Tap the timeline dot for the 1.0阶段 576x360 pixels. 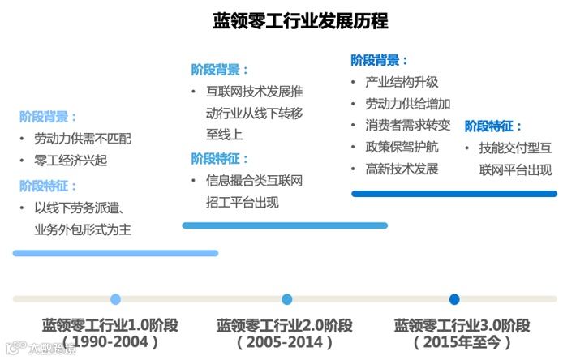coord(115,299)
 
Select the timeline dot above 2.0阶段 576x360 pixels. coord(286,299)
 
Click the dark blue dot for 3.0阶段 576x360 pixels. coord(454,299)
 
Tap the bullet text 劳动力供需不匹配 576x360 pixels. coord(83,139)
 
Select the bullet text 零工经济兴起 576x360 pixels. coord(71,161)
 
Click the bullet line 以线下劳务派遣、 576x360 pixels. coord(77,208)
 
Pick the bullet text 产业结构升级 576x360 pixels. coord(402,82)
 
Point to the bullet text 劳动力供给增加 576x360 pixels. coord(408,104)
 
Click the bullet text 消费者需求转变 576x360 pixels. coord(408,126)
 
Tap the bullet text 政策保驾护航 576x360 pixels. coord(402,148)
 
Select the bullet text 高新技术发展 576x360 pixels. coord(402,169)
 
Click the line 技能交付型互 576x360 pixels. coord(515,148)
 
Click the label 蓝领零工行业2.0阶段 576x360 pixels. coord(285,325)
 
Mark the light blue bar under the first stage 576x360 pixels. coord(115,253)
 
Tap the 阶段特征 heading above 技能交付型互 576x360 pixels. coord(493,126)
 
